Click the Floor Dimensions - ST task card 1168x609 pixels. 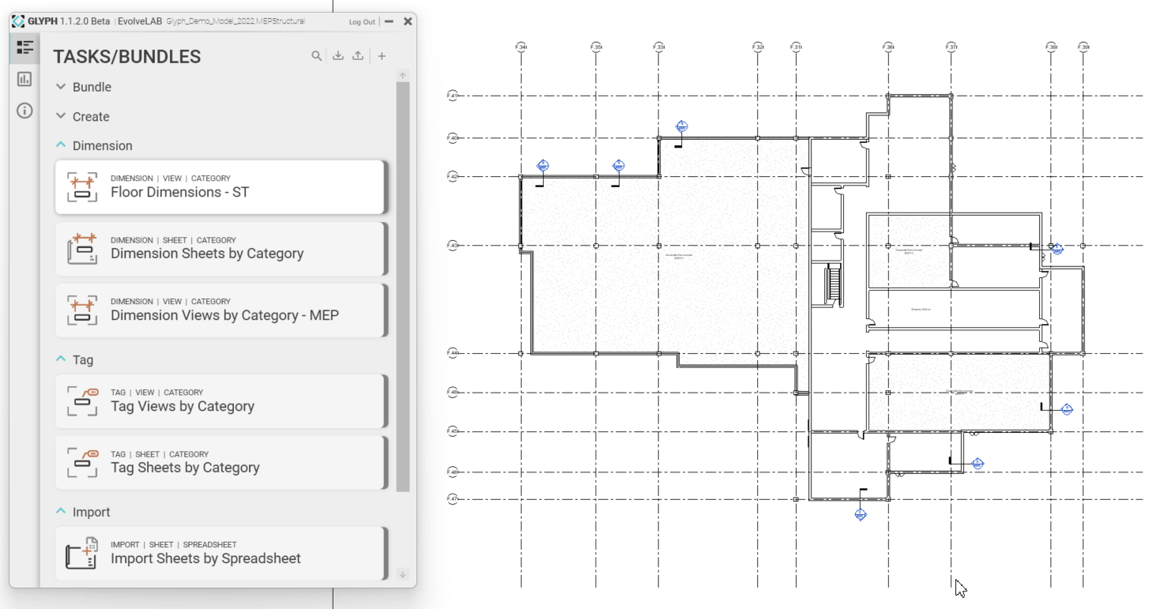pyautogui.click(x=220, y=187)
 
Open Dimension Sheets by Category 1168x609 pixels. pyautogui.click(x=220, y=249)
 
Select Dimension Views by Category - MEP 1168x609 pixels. pyautogui.click(x=220, y=310)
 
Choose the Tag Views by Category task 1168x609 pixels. pyautogui.click(x=220, y=401)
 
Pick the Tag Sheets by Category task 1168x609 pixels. pyautogui.click(x=220, y=463)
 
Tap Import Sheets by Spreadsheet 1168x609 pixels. pyautogui.click(x=220, y=554)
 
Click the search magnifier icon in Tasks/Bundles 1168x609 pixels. pyautogui.click(x=316, y=56)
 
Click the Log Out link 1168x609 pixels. pyautogui.click(x=362, y=22)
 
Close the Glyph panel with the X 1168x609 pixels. pyautogui.click(x=408, y=21)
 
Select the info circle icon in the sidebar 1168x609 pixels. pyautogui.click(x=24, y=111)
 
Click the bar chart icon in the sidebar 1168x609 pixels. pyautogui.click(x=24, y=79)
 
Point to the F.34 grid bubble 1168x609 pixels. pyautogui.click(x=521, y=47)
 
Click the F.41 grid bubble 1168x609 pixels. pyautogui.click(x=453, y=96)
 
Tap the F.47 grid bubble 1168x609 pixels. pyautogui.click(x=453, y=499)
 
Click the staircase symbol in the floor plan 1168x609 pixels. pyautogui.click(x=831, y=283)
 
